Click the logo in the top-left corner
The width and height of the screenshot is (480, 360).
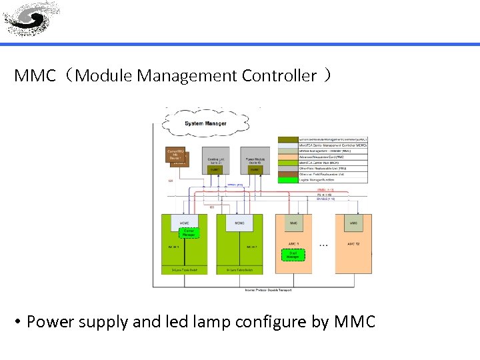(x=31, y=19)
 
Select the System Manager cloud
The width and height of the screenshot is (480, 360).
(x=205, y=123)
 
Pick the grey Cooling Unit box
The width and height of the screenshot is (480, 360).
(x=215, y=161)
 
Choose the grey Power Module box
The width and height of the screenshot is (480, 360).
(x=254, y=161)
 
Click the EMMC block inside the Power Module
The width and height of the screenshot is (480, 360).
(x=255, y=171)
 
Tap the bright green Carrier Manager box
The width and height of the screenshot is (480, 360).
(x=189, y=232)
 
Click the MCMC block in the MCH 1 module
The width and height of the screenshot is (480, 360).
(x=184, y=223)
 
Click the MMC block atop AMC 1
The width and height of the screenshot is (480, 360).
(x=294, y=223)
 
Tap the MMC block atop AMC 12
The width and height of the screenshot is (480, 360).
(x=353, y=223)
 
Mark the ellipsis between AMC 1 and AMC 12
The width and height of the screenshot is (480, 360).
(x=323, y=245)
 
